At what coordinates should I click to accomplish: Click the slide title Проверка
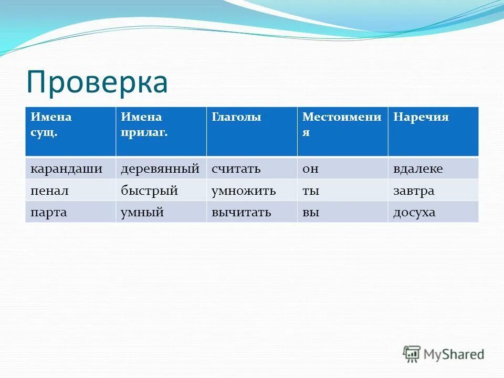pyautogui.click(x=97, y=83)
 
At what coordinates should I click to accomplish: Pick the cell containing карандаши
pyautogui.click(x=66, y=169)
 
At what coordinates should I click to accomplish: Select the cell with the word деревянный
pyautogui.click(x=160, y=169)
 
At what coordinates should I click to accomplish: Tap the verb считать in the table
pyautogui.click(x=236, y=169)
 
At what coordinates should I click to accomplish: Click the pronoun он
pyautogui.click(x=310, y=169)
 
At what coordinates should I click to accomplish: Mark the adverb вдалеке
pyautogui.click(x=418, y=169)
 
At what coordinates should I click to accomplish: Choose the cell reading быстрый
pyautogui.click(x=149, y=191)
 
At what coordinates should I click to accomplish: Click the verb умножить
pyautogui.click(x=244, y=191)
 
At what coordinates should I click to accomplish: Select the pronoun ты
pyautogui.click(x=310, y=191)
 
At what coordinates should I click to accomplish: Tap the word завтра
pyautogui.click(x=414, y=191)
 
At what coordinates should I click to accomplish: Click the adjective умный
pyautogui.click(x=142, y=213)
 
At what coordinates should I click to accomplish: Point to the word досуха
pyautogui.click(x=414, y=213)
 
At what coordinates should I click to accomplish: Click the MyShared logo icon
pyautogui.click(x=412, y=354)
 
